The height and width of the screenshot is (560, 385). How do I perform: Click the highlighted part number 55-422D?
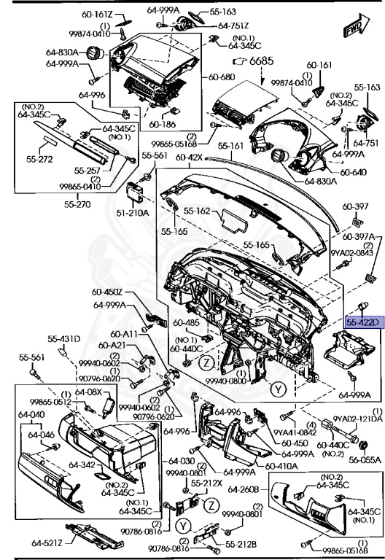(362, 322)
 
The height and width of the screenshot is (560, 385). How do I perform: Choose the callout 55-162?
(197, 211)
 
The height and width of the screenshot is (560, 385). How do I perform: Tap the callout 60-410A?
(279, 465)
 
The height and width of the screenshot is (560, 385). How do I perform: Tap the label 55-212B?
(238, 544)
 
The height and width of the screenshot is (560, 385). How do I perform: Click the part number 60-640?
(354, 173)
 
